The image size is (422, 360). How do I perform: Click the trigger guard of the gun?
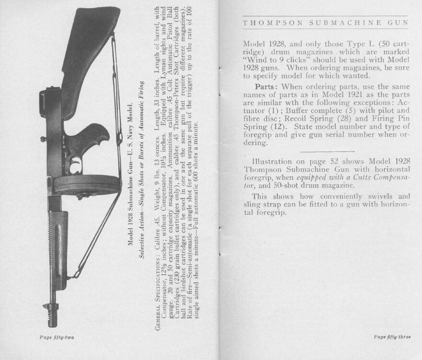pos(75,163)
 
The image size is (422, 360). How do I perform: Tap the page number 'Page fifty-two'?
pos(57,338)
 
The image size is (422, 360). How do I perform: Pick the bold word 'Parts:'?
pos(265,87)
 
